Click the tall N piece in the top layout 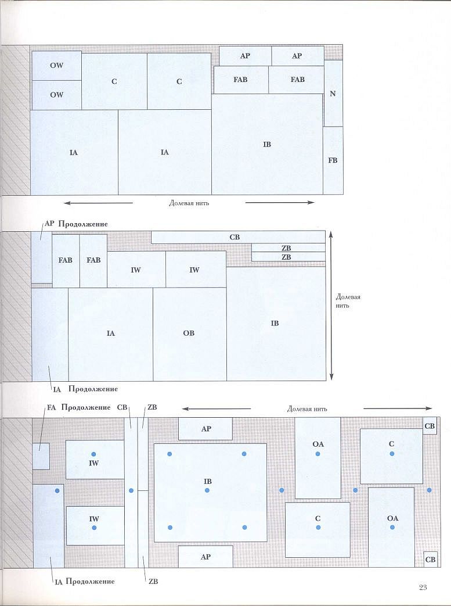[x=333, y=93]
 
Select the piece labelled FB [x=333, y=160]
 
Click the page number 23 [x=423, y=587]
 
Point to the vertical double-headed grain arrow [x=331, y=305]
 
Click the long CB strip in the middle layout [x=238, y=237]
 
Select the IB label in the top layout [x=267, y=145]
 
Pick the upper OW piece [x=56, y=66]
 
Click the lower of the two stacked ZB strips [x=288, y=257]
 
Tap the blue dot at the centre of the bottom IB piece [x=207, y=490]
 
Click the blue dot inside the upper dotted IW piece [x=93, y=454]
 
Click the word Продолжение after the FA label [x=86, y=407]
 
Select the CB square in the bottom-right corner [x=431, y=560]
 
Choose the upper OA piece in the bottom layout [x=317, y=458]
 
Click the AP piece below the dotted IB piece [x=205, y=557]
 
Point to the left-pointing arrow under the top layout [x=98, y=203]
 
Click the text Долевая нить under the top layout [x=189, y=203]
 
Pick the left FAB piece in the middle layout [x=66, y=261]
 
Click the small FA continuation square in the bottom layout [x=41, y=457]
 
